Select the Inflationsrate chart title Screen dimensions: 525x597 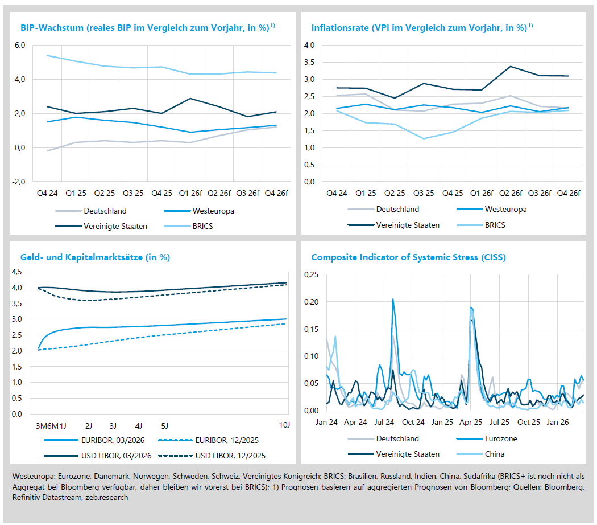pos(422,27)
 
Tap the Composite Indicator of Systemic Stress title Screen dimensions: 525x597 pos(408,257)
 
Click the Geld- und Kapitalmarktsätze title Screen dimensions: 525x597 pos(95,257)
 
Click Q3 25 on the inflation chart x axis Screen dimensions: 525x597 pos(424,193)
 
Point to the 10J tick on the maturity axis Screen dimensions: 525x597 pos(285,425)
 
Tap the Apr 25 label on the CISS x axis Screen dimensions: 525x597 pos(471,423)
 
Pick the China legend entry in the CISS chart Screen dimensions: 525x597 pos(495,454)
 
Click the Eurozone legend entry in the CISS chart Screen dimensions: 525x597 pos(501,438)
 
